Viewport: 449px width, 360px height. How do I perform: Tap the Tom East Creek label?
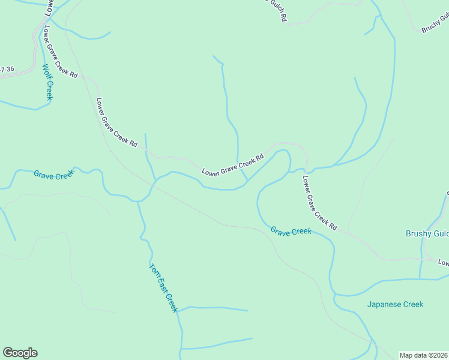pos(163,288)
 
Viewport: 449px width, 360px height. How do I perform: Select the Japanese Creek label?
pos(395,304)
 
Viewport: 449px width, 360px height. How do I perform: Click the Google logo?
pos(20,353)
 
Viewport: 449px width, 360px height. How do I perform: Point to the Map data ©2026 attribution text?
pos(423,355)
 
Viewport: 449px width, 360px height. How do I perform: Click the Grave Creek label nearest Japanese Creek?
pos(291,231)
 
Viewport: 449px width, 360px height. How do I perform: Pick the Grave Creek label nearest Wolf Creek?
pos(54,175)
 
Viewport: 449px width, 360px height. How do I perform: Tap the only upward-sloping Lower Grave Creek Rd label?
pos(233,166)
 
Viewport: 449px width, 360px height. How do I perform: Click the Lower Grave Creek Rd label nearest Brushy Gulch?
pos(319,203)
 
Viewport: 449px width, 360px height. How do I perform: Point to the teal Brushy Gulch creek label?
pos(427,234)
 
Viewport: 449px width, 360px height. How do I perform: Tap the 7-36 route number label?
pos(7,70)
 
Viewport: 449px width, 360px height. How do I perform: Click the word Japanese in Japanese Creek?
pos(384,304)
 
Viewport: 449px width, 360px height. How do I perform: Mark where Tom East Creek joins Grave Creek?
pos(139,200)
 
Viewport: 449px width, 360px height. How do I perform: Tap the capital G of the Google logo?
pos(8,353)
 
